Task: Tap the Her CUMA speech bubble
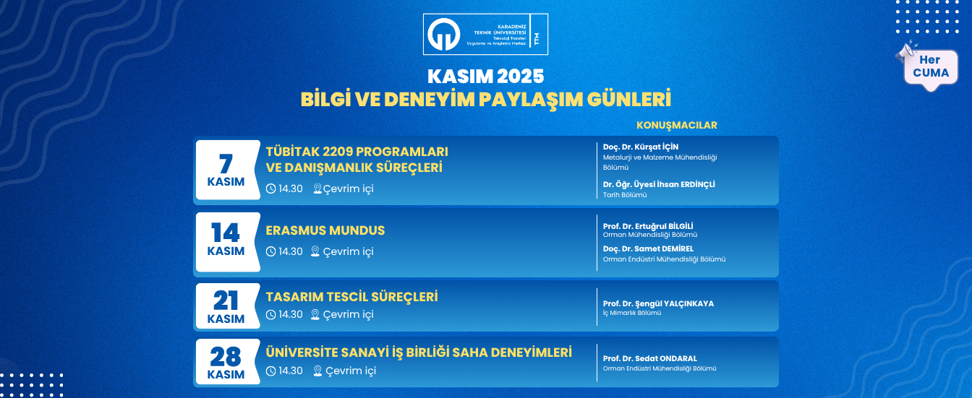931,67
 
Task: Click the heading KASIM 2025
485,76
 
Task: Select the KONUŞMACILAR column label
676,125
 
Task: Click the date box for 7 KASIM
226,170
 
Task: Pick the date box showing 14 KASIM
226,241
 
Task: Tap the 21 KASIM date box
226,306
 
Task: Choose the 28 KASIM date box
226,363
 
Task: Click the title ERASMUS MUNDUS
325,231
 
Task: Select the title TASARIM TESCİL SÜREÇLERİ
352,297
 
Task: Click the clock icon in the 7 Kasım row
271,189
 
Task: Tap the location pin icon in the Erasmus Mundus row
315,251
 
